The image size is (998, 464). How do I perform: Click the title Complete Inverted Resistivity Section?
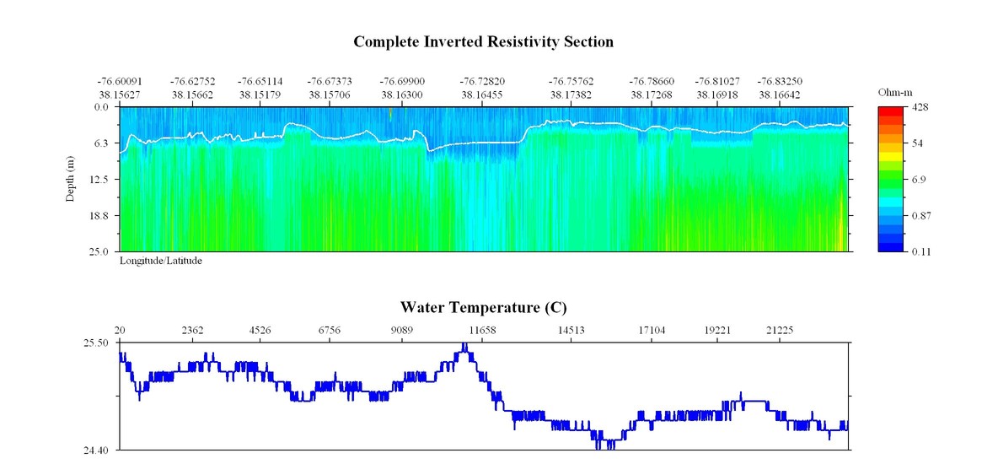coord(483,41)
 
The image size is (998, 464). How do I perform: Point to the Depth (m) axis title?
coord(71,179)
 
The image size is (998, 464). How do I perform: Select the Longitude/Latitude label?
coord(160,261)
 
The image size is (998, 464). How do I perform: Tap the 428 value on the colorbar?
coord(921,108)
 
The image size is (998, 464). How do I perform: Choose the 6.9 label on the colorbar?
coord(920,180)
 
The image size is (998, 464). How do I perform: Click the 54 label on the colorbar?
coord(919,143)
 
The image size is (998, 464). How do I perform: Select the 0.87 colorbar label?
coord(924,216)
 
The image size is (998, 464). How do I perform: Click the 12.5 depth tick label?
coord(100,180)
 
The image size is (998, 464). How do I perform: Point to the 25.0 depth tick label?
coord(100,251)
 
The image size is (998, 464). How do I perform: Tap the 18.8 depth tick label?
coord(100,216)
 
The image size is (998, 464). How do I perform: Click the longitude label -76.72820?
coord(481,82)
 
